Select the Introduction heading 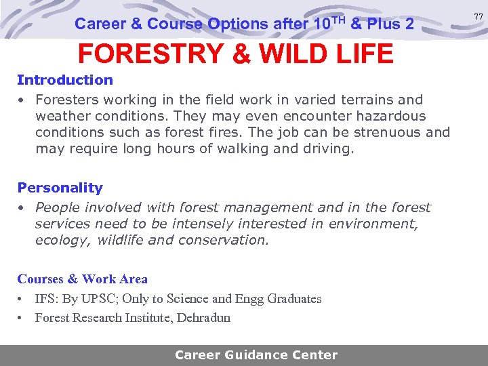pyautogui.click(x=65, y=80)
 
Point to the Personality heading pyautogui.click(x=60, y=188)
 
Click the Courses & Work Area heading pyautogui.click(x=83, y=279)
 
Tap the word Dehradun pyautogui.click(x=203, y=318)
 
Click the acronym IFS pyautogui.click(x=45, y=299)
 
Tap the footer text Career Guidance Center pyautogui.click(x=256, y=355)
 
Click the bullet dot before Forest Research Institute pyautogui.click(x=21, y=318)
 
